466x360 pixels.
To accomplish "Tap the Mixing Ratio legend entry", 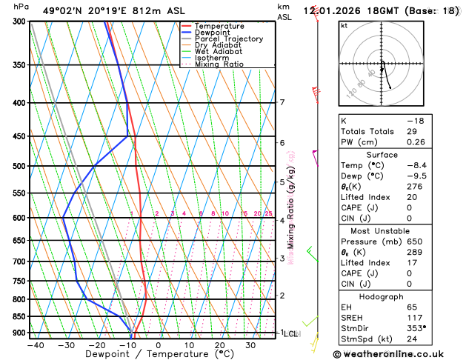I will pos(219,64).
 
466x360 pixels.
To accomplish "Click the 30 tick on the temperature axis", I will pos(250,345).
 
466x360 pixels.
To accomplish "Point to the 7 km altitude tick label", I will pos(282,102).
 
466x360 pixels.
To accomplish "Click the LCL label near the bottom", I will pos(291,334).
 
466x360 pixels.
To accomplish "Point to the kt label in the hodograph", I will pos(344,25).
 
